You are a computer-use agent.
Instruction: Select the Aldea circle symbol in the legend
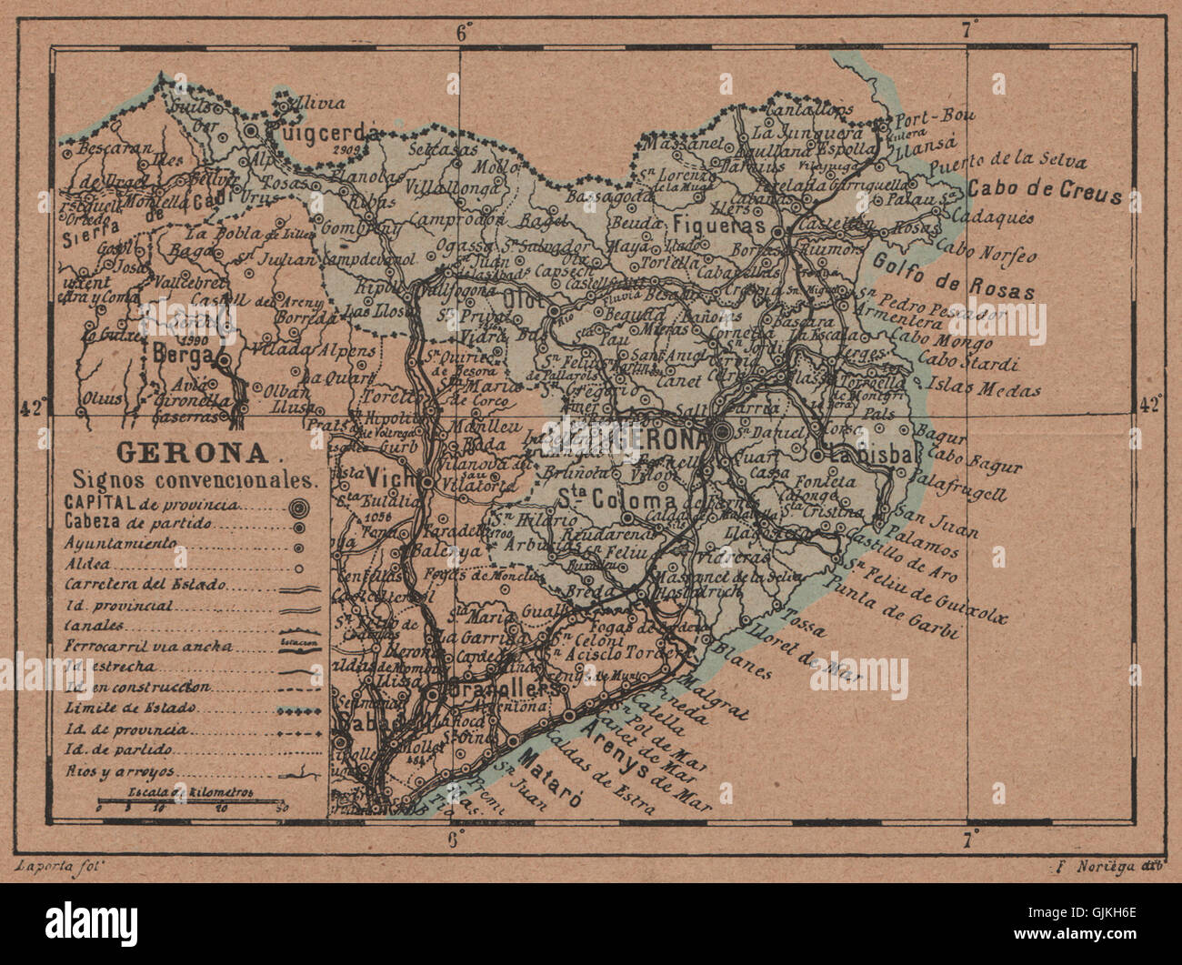tap(299, 568)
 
